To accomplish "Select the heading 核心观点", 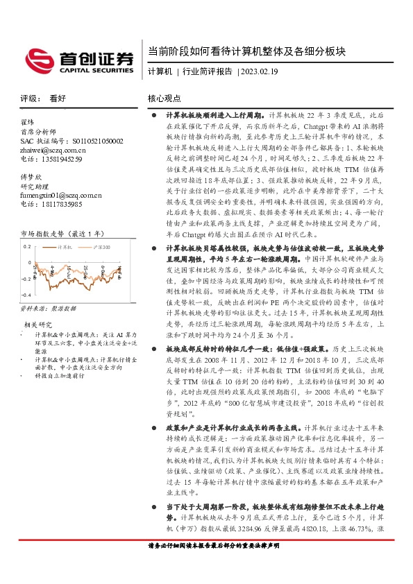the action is [x=164, y=99].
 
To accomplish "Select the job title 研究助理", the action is [x=33, y=187].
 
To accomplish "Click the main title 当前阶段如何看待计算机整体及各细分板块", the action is [x=247, y=52].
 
